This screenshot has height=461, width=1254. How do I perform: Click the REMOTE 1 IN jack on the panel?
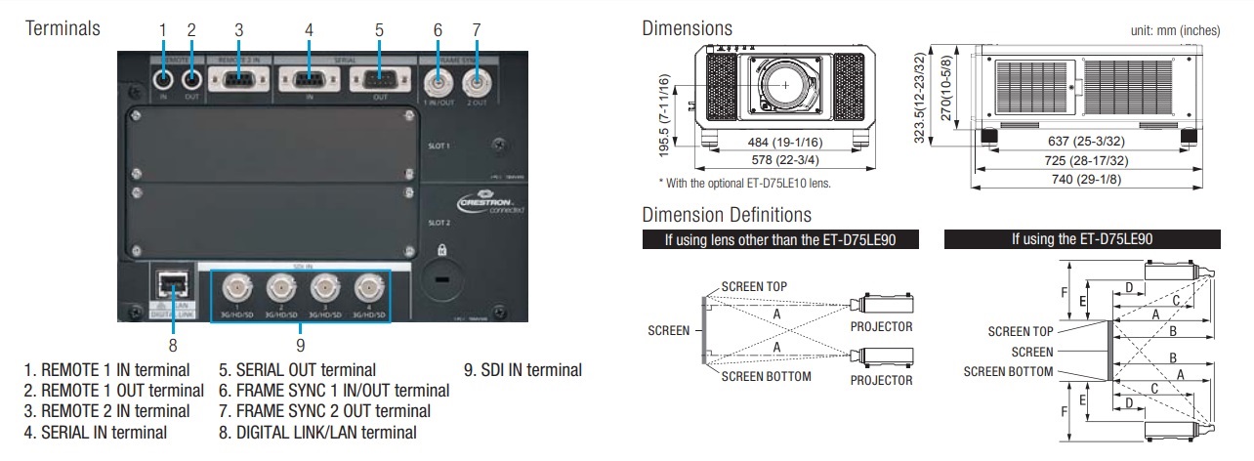point(164,79)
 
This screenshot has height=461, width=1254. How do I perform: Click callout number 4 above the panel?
point(309,30)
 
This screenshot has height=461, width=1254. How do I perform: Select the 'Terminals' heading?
point(63,28)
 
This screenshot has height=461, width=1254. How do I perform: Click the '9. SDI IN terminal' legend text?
point(522,370)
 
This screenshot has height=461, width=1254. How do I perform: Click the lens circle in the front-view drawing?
point(786,85)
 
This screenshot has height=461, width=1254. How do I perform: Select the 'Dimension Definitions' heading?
point(727,214)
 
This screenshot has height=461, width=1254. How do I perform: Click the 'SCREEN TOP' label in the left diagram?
point(754,285)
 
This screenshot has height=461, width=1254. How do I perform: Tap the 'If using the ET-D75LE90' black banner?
point(1083,237)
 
